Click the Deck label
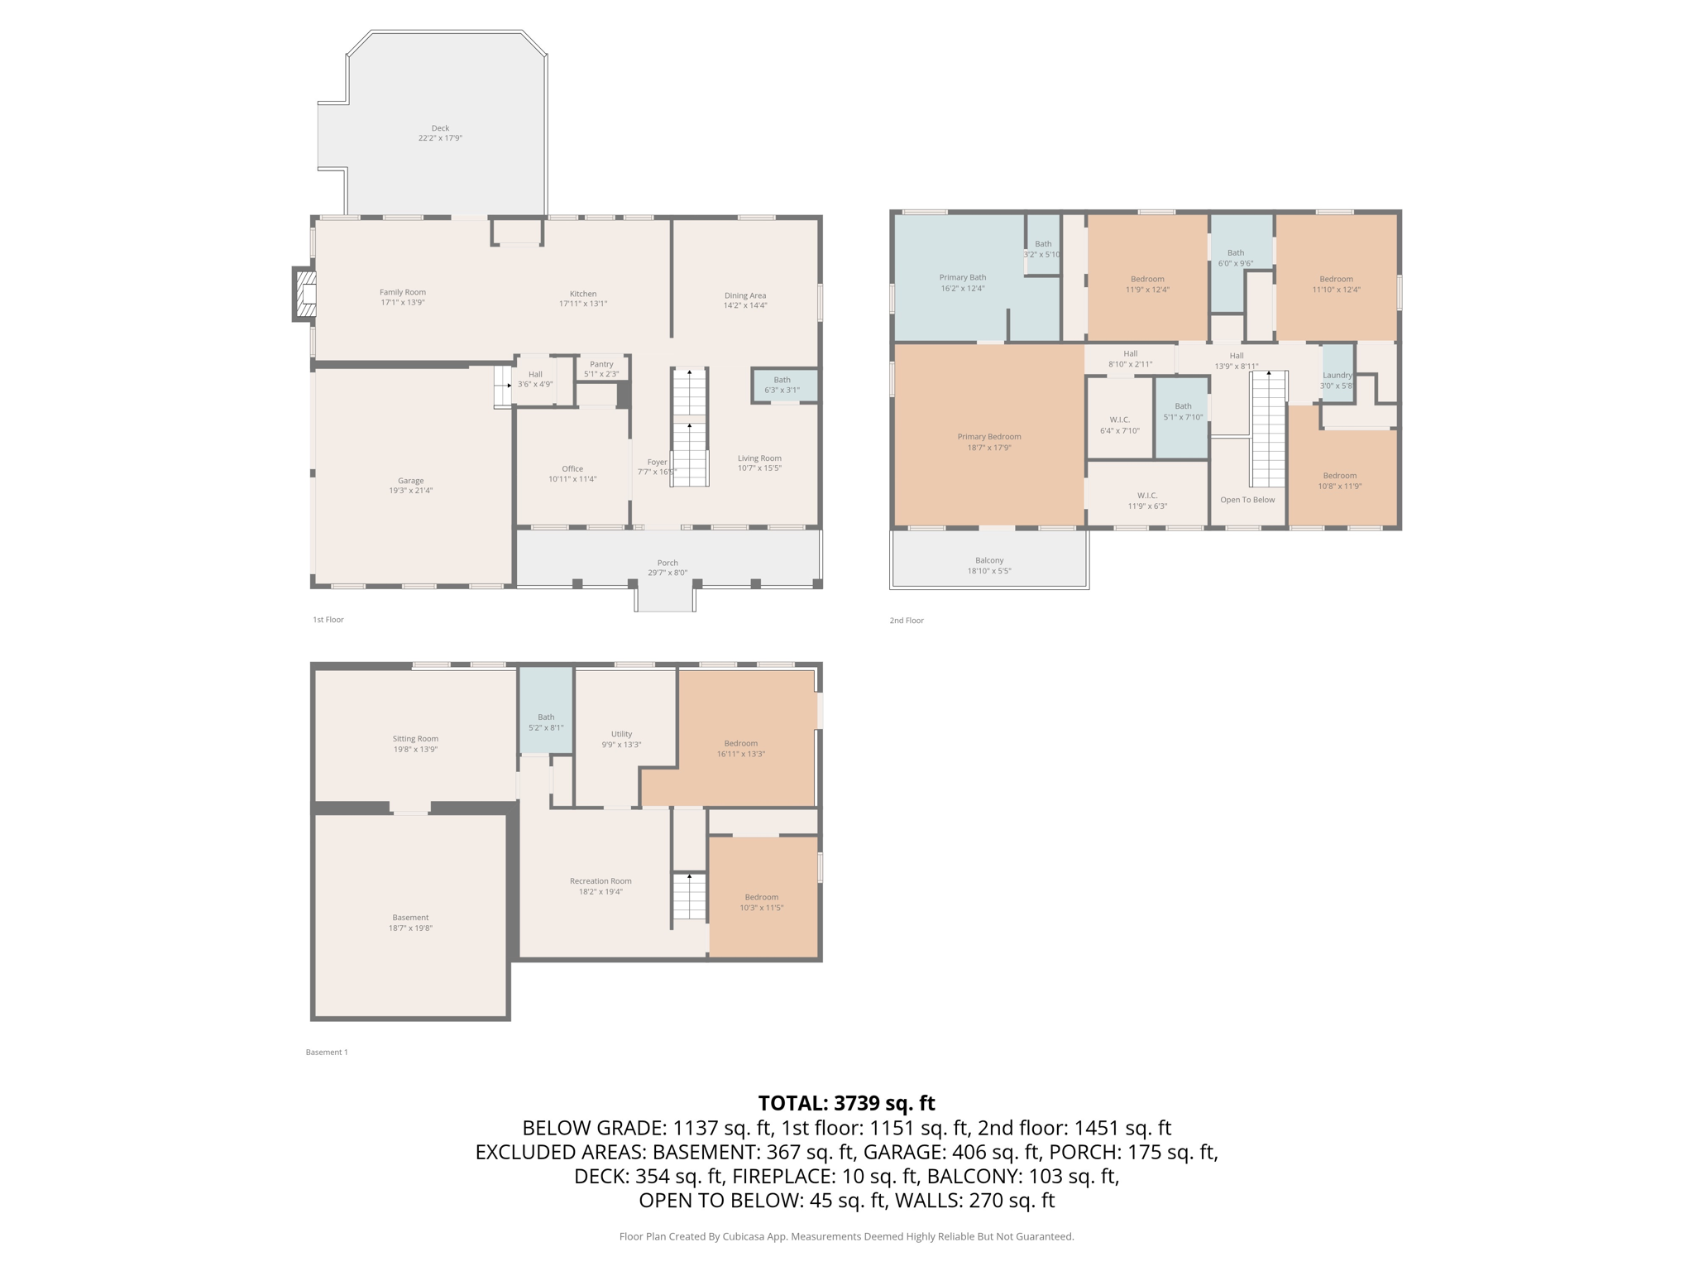440,128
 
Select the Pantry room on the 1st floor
601,368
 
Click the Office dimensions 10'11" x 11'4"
572,479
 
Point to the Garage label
410,481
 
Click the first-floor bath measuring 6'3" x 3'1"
782,385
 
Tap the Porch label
668,563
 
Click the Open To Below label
1247,500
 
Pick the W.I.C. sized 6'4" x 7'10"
1120,424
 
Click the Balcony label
989,560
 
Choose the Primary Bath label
962,277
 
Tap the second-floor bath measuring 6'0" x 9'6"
1236,257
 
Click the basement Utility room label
621,734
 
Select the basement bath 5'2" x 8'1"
546,722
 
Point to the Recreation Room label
601,881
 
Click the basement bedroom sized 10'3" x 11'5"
761,902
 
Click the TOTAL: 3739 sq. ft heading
846,1103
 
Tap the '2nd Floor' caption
907,620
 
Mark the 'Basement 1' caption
327,1052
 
